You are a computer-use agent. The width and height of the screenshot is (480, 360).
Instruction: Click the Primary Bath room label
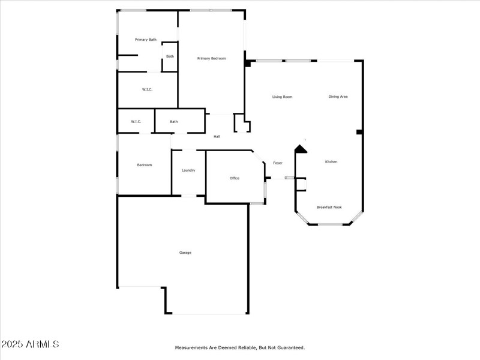click(146, 40)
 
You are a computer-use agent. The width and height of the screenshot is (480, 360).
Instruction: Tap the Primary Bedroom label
click(212, 58)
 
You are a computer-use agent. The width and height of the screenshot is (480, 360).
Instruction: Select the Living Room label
click(282, 97)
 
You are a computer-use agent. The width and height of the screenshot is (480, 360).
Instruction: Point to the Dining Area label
click(338, 97)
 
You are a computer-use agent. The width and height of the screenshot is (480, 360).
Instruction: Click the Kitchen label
click(331, 161)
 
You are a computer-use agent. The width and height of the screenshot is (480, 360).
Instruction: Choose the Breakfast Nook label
click(329, 207)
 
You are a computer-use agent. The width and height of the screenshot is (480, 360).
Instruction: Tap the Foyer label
click(278, 163)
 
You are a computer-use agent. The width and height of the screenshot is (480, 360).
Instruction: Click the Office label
click(235, 178)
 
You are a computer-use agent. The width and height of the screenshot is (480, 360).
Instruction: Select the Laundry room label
click(188, 170)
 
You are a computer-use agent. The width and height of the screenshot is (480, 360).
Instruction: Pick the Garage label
click(185, 253)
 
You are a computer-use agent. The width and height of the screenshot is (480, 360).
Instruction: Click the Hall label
click(217, 137)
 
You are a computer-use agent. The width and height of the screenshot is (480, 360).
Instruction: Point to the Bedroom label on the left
click(145, 165)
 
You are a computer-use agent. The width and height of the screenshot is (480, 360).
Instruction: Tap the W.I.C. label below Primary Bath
click(147, 90)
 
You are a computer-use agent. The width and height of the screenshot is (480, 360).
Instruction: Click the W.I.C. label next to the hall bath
click(136, 122)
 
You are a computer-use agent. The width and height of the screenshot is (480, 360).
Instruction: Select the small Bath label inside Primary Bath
click(170, 56)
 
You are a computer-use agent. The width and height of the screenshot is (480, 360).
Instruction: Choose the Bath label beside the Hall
click(174, 122)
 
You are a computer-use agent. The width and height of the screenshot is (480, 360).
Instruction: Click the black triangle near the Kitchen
click(301, 149)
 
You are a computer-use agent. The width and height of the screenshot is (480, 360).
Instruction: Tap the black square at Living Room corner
click(247, 63)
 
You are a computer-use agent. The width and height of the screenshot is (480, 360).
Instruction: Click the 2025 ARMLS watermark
click(30, 344)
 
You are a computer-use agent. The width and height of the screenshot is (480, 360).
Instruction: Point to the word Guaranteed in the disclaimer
click(289, 347)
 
